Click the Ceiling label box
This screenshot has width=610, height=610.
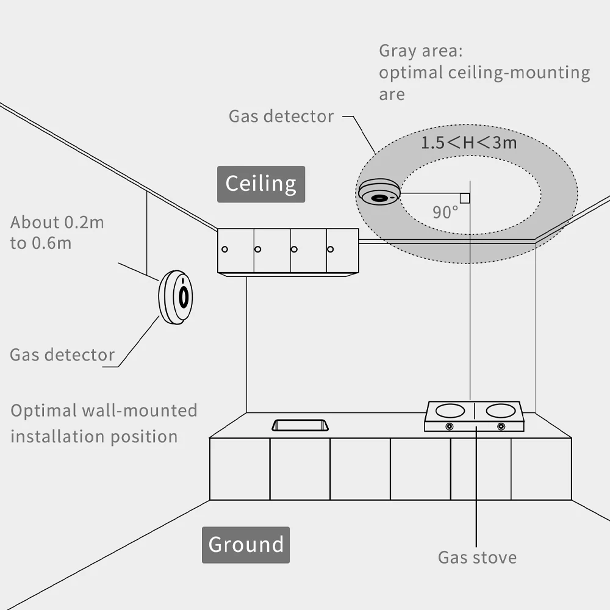(261, 184)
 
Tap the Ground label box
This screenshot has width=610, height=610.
(246, 544)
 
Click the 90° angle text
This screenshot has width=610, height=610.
(445, 212)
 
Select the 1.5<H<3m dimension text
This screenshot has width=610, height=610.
(468, 143)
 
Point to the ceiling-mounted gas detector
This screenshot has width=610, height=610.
(378, 192)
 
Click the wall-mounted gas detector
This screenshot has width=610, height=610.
(176, 297)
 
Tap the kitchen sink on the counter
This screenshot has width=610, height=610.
(300, 425)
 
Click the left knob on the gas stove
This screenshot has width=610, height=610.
(450, 426)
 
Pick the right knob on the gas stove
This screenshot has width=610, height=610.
(501, 426)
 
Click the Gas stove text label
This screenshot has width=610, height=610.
(477, 557)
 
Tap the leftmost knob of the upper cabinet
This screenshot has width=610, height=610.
(224, 249)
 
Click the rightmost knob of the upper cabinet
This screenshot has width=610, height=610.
(331, 249)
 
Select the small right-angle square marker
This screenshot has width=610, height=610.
(465, 198)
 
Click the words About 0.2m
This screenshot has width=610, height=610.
(57, 222)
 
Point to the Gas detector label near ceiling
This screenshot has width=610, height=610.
(281, 116)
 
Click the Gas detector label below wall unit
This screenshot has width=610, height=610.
(62, 354)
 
